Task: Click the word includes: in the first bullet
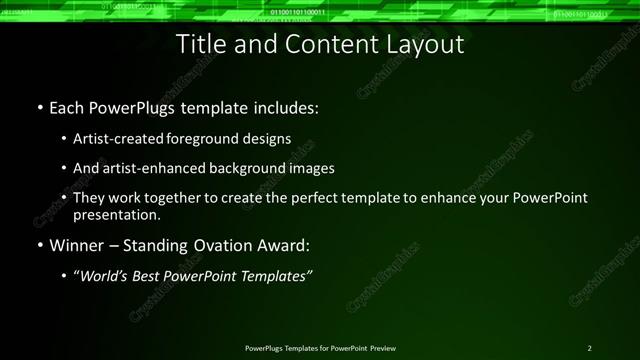coord(282,106)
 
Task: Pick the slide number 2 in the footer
coord(590,347)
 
